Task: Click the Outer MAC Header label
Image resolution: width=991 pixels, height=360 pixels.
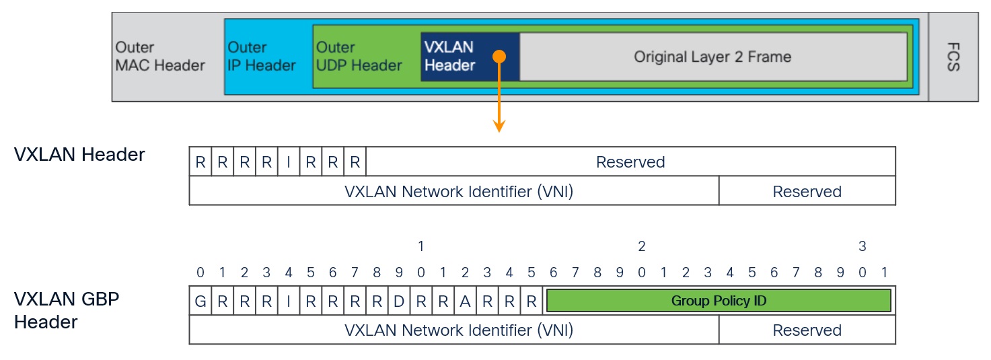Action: click(160, 57)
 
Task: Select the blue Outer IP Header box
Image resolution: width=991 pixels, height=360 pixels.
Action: click(262, 57)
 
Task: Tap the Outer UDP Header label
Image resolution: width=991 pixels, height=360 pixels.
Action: click(359, 57)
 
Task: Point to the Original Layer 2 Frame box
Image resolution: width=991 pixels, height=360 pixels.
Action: click(712, 57)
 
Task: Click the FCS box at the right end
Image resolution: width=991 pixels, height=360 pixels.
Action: click(953, 57)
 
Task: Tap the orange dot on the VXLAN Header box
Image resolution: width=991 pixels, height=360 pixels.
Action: click(499, 57)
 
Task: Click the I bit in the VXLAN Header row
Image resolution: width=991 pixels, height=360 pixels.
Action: click(289, 162)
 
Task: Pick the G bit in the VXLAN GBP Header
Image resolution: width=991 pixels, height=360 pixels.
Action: click(200, 301)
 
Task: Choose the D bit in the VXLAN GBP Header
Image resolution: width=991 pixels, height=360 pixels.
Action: click(399, 301)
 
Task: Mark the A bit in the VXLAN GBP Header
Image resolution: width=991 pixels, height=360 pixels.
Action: click(465, 301)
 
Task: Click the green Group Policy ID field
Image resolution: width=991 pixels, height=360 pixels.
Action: click(719, 301)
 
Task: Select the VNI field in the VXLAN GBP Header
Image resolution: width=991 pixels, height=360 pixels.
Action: click(454, 330)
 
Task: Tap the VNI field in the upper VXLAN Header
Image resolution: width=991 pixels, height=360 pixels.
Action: click(454, 192)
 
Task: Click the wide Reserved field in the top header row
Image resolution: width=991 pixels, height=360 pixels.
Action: click(630, 162)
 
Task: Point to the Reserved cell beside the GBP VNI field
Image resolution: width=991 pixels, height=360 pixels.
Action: click(807, 330)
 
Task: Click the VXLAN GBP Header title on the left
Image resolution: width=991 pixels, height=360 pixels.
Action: click(67, 310)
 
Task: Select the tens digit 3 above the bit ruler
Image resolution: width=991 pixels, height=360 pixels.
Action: click(862, 247)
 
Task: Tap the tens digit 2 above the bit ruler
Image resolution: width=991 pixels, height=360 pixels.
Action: click(641, 247)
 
